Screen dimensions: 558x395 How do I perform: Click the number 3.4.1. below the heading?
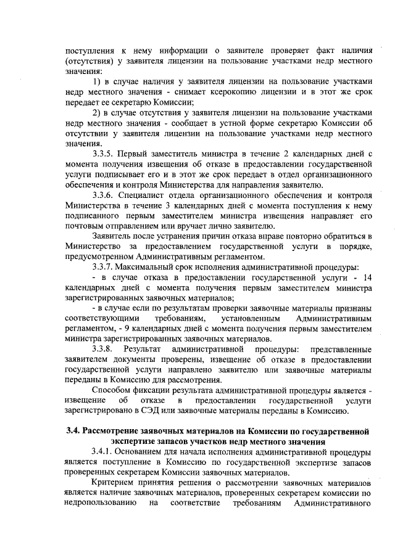(x=105, y=452)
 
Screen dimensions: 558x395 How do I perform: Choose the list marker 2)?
(x=96, y=112)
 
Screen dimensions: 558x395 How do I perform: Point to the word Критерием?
(x=113, y=483)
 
